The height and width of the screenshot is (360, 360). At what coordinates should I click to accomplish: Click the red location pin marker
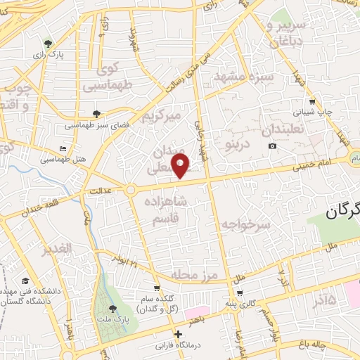pos(181,165)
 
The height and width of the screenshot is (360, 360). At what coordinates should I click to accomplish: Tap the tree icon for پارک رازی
pos(47,43)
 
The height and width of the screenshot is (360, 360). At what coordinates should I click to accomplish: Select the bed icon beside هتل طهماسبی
pos(63,149)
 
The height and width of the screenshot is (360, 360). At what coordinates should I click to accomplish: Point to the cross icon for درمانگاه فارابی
pos(179,334)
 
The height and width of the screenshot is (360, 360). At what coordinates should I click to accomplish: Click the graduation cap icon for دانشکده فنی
pos(24,280)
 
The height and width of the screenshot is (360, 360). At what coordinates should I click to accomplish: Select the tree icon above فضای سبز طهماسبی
pos(96,113)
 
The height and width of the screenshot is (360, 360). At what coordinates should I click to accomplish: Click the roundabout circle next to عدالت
pos(131,190)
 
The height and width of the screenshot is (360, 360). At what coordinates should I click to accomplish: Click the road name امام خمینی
pos(321,165)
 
